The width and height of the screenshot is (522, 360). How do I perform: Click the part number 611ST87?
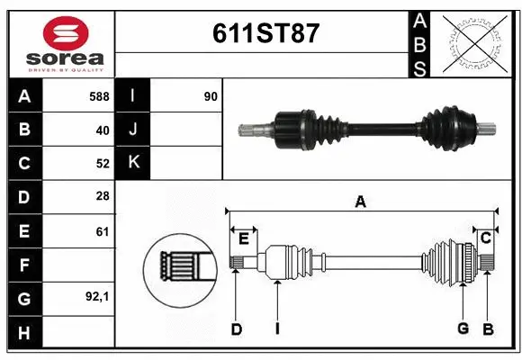coord(265,34)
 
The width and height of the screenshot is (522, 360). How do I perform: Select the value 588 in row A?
coord(99,95)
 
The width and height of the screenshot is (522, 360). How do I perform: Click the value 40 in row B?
coord(103,130)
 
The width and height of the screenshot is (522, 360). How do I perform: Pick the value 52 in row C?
coord(103,164)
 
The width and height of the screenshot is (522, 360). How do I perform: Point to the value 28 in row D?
coord(103,197)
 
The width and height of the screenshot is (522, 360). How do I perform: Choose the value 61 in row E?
coord(103,231)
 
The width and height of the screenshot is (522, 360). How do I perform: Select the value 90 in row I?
coord(211,95)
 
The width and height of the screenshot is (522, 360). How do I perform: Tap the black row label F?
coord(23,265)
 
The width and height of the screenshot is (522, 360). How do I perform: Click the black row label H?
coord(23,333)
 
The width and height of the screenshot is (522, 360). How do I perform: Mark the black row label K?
coord(133,163)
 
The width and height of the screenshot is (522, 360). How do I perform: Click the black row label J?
coord(133,130)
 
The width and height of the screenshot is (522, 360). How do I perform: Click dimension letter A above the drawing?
coord(360,202)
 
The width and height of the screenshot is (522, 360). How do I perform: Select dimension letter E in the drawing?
coord(243,238)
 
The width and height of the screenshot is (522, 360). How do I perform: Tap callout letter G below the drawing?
coord(463,328)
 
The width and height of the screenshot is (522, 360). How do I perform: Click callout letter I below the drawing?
coord(277,328)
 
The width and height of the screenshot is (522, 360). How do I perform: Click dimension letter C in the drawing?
coord(485,238)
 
